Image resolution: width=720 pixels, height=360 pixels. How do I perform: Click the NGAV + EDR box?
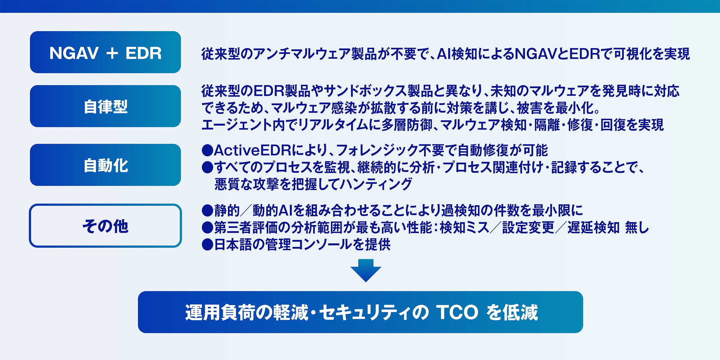click(x=105, y=52)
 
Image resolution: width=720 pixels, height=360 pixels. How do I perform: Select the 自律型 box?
click(x=105, y=106)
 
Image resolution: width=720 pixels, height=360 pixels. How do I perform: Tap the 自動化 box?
click(x=105, y=165)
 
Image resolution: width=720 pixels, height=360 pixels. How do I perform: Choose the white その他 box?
click(x=105, y=226)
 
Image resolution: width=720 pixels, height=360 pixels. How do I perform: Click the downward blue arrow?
click(x=366, y=270)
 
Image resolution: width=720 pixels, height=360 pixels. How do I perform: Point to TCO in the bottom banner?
click(x=457, y=312)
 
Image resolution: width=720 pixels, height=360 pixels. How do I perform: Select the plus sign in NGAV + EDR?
click(x=112, y=53)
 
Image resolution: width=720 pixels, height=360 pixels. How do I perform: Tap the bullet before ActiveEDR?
click(x=207, y=150)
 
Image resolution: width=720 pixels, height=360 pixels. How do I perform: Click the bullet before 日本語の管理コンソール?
click(x=207, y=244)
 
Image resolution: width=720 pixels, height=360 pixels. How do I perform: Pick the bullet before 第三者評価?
click(x=207, y=228)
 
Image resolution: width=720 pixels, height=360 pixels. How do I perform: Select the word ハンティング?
click(x=377, y=184)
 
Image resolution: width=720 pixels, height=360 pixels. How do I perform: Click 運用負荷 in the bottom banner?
click(x=220, y=312)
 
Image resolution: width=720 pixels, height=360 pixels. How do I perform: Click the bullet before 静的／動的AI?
click(x=207, y=211)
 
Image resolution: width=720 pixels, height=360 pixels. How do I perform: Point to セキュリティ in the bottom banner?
click(x=364, y=312)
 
